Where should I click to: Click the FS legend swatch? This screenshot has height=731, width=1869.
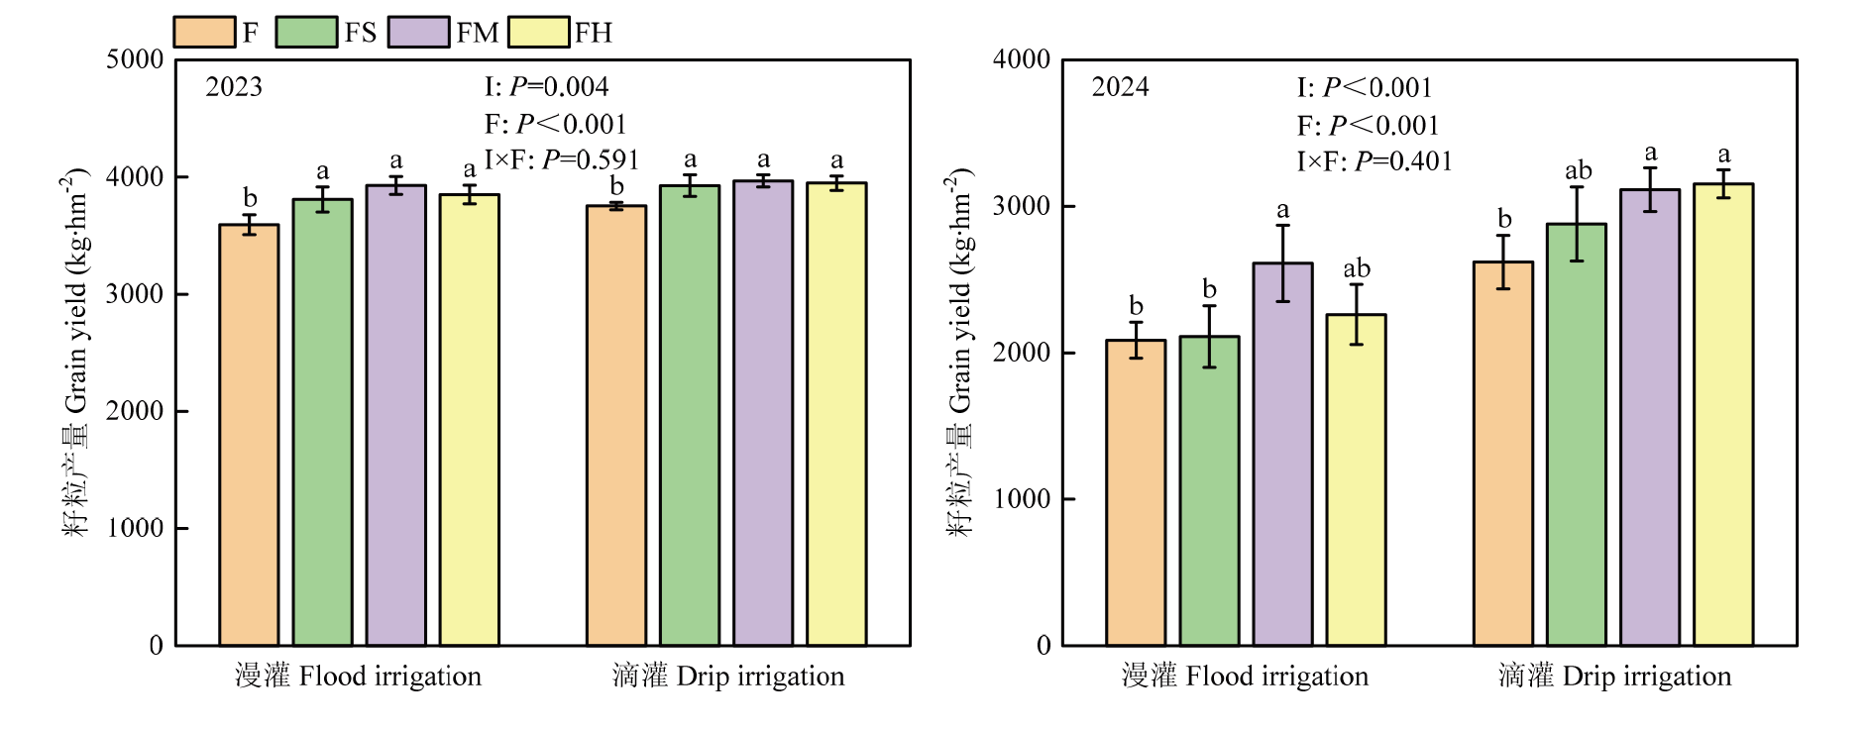pyautogui.click(x=306, y=32)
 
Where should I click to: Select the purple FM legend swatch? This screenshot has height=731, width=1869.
pyautogui.click(x=419, y=32)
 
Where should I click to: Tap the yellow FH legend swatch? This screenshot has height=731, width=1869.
pyautogui.click(x=539, y=32)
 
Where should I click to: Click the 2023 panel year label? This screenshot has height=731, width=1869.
pyautogui.click(x=234, y=87)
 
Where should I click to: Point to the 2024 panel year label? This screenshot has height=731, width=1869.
pyautogui.click(x=1120, y=87)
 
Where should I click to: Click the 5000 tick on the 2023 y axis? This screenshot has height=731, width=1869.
pyautogui.click(x=135, y=59)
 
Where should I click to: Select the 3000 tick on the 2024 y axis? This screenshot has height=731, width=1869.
pyautogui.click(x=1021, y=206)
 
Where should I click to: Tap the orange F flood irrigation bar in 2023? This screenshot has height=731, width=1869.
pyautogui.click(x=249, y=436)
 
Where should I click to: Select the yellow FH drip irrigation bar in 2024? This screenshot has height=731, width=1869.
pyautogui.click(x=1723, y=415)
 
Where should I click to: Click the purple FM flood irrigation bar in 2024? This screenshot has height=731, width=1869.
pyautogui.click(x=1282, y=455)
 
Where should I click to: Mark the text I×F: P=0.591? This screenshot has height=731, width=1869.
pyautogui.click(x=561, y=159)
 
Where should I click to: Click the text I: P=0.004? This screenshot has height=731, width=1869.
pyautogui.click(x=546, y=87)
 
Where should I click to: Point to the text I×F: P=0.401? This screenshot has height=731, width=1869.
pyautogui.click(x=1374, y=161)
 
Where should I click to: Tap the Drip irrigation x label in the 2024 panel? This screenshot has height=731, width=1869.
pyautogui.click(x=1614, y=677)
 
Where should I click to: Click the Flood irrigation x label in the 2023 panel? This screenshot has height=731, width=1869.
pyautogui.click(x=358, y=677)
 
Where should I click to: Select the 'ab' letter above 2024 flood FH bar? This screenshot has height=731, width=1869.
pyautogui.click(x=1357, y=268)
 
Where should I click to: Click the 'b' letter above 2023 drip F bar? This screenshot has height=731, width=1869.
pyautogui.click(x=616, y=186)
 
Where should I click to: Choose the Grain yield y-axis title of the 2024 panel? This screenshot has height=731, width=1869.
pyautogui.click(x=960, y=352)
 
